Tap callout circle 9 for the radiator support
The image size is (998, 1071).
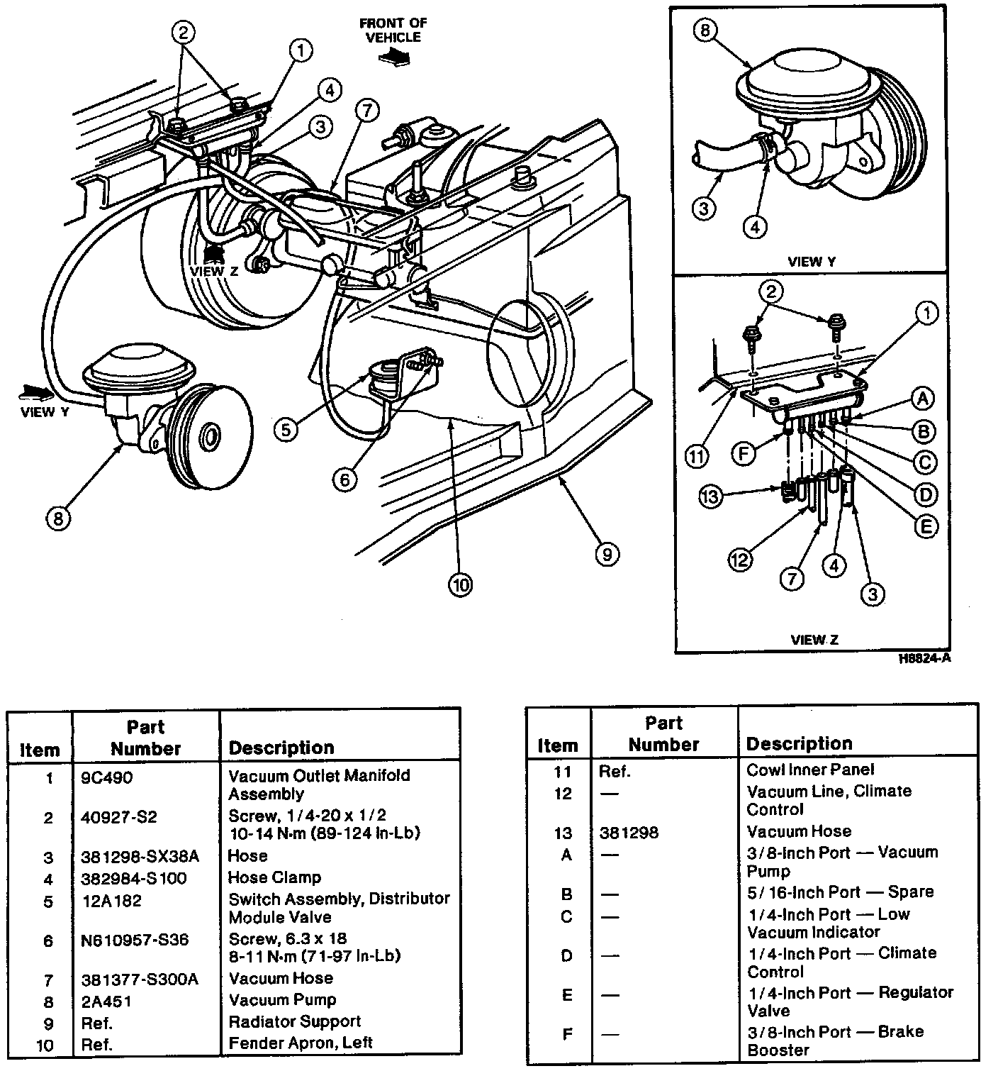[607, 553]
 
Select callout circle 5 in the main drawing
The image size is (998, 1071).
[286, 430]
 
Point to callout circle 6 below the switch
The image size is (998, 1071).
[344, 480]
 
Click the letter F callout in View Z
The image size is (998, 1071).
[744, 453]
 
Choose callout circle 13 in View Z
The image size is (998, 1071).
[711, 495]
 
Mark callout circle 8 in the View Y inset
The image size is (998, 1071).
[705, 31]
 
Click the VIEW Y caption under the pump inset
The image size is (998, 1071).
[812, 262]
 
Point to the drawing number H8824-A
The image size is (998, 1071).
[924, 658]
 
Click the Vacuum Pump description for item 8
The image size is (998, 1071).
[282, 1000]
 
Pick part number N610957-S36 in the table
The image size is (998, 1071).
[135, 940]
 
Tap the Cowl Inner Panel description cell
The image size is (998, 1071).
[810, 770]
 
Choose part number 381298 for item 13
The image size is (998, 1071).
[629, 832]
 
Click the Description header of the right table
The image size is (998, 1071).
[799, 744]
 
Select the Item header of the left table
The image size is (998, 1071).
[40, 750]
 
